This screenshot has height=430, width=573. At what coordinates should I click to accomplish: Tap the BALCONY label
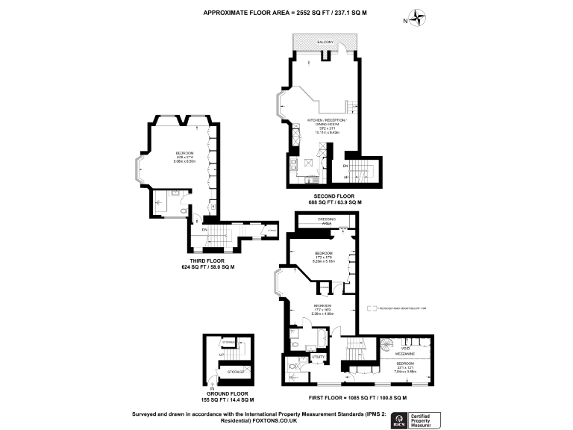pyautogui.click(x=325, y=43)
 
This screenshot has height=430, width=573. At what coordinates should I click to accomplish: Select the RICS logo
pyautogui.click(x=400, y=418)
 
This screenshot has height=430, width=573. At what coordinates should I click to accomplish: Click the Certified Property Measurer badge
pyautogui.click(x=427, y=418)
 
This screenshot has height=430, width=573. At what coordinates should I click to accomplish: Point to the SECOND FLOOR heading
pyautogui.click(x=335, y=196)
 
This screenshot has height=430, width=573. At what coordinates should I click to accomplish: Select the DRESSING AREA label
pyautogui.click(x=325, y=221)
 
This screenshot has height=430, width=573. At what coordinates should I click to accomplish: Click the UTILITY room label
pyautogui.click(x=316, y=358)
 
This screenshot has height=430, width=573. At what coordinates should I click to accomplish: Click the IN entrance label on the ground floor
pyautogui.click(x=213, y=389)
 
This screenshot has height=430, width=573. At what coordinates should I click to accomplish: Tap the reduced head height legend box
pyautogui.click(x=369, y=307)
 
